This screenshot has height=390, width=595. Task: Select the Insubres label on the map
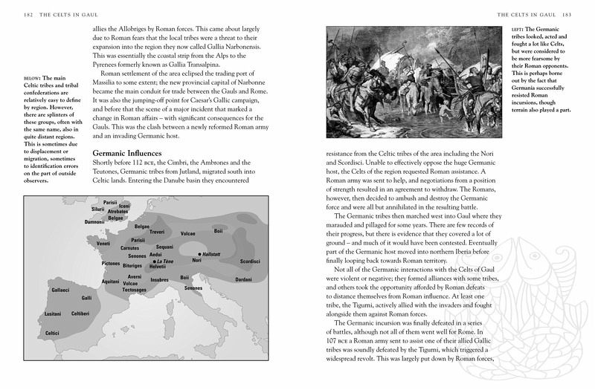151,282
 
